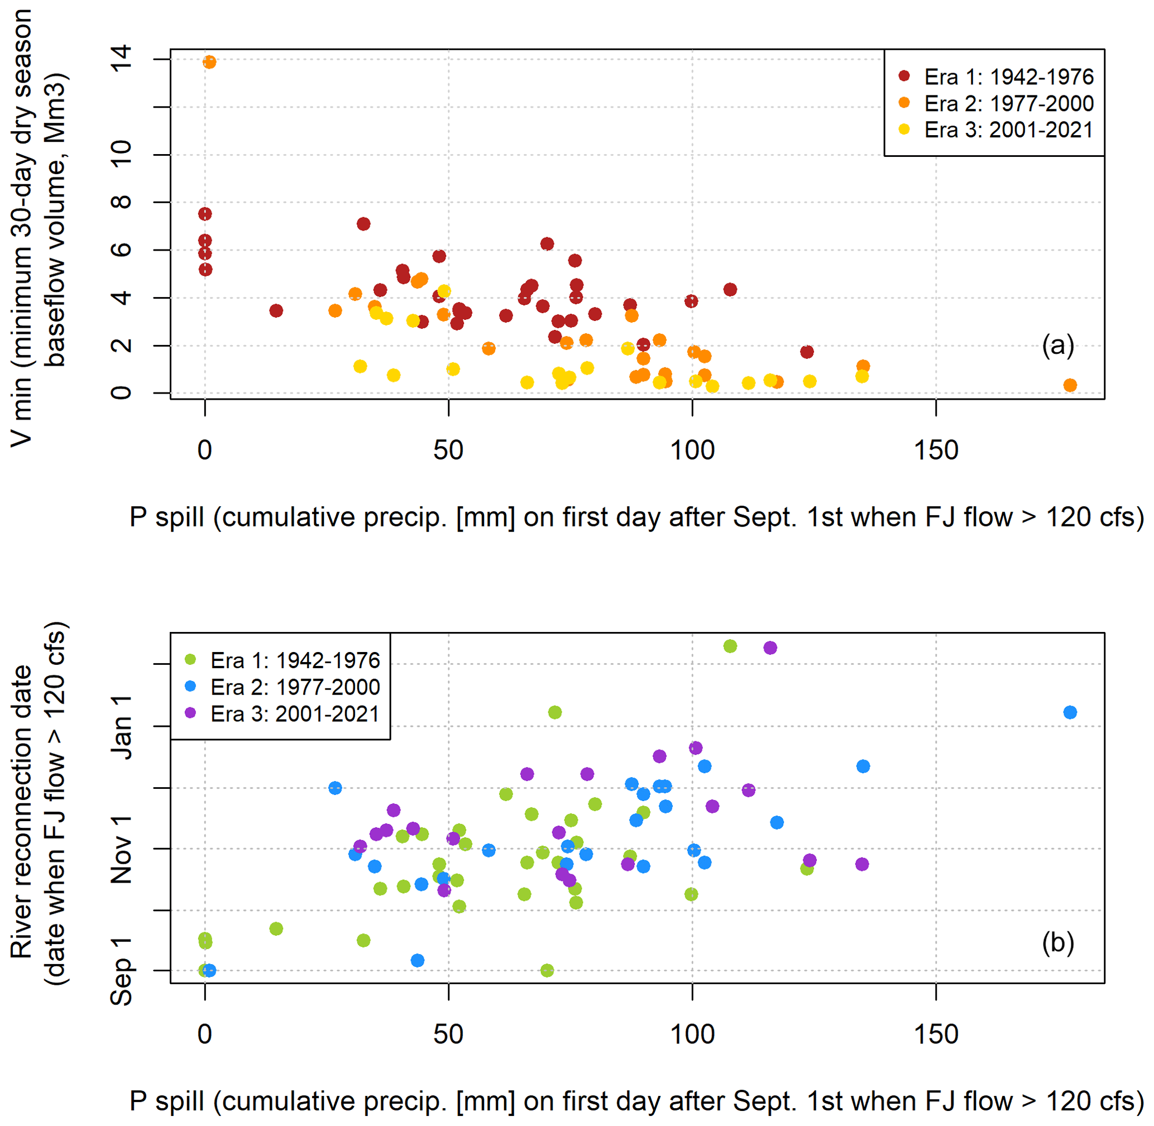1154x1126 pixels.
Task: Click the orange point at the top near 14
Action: click(x=209, y=62)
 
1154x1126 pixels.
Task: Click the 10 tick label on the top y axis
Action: click(x=121, y=155)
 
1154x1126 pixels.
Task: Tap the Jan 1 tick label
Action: click(x=121, y=727)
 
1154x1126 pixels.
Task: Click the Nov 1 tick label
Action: click(x=121, y=849)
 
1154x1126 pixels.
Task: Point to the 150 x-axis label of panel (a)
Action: click(x=936, y=451)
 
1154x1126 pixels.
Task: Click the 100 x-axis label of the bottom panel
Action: click(x=692, y=1034)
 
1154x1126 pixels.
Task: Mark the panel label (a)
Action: click(x=1058, y=346)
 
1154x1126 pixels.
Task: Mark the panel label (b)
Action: click(x=1058, y=943)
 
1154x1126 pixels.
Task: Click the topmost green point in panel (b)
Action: click(x=730, y=646)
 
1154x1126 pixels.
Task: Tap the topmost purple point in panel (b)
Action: click(x=770, y=648)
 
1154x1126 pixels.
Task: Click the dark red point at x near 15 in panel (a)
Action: click(x=276, y=311)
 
